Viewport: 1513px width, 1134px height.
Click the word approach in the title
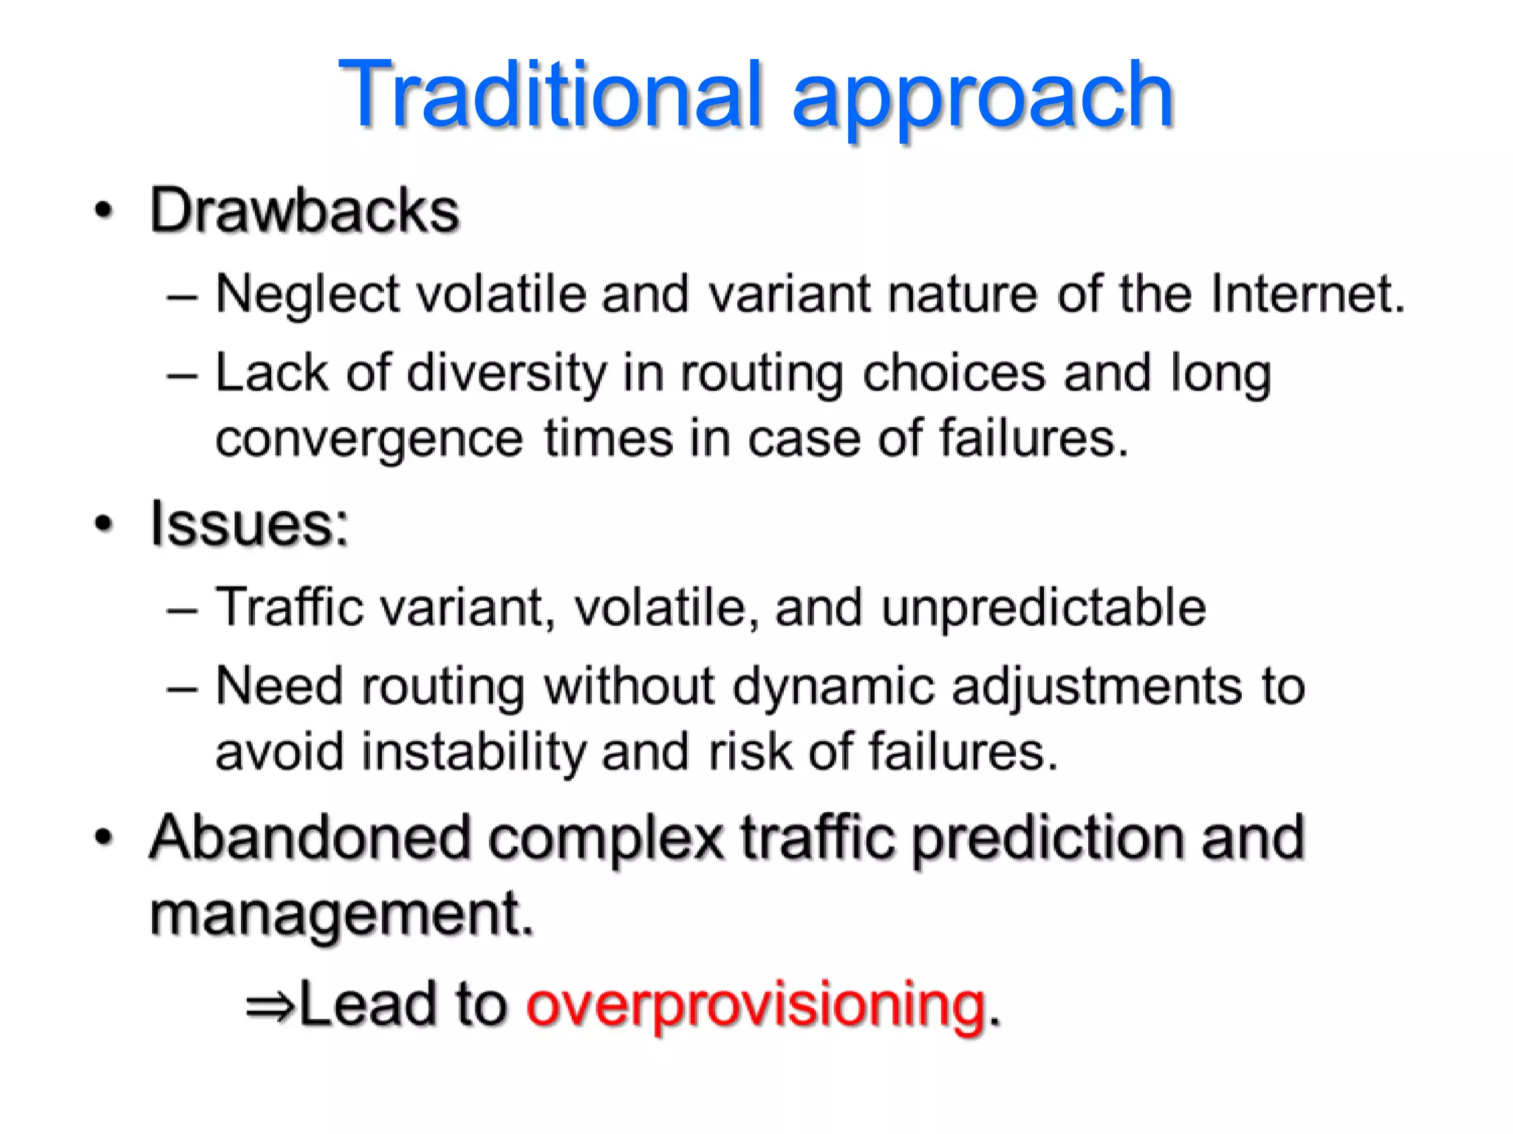[x=983, y=100]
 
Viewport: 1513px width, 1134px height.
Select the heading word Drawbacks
[x=304, y=211]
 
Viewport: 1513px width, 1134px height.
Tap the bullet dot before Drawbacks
[x=104, y=211]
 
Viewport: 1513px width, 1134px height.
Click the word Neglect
[x=307, y=295]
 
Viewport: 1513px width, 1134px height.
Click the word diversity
[x=506, y=374]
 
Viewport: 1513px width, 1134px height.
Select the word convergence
[x=369, y=440]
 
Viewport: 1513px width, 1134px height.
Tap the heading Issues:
[x=249, y=524]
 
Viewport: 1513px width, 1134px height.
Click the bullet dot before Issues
[x=104, y=524]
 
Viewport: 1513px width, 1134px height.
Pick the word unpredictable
[x=1043, y=608]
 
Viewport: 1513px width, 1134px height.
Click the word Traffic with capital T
[x=290, y=608]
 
